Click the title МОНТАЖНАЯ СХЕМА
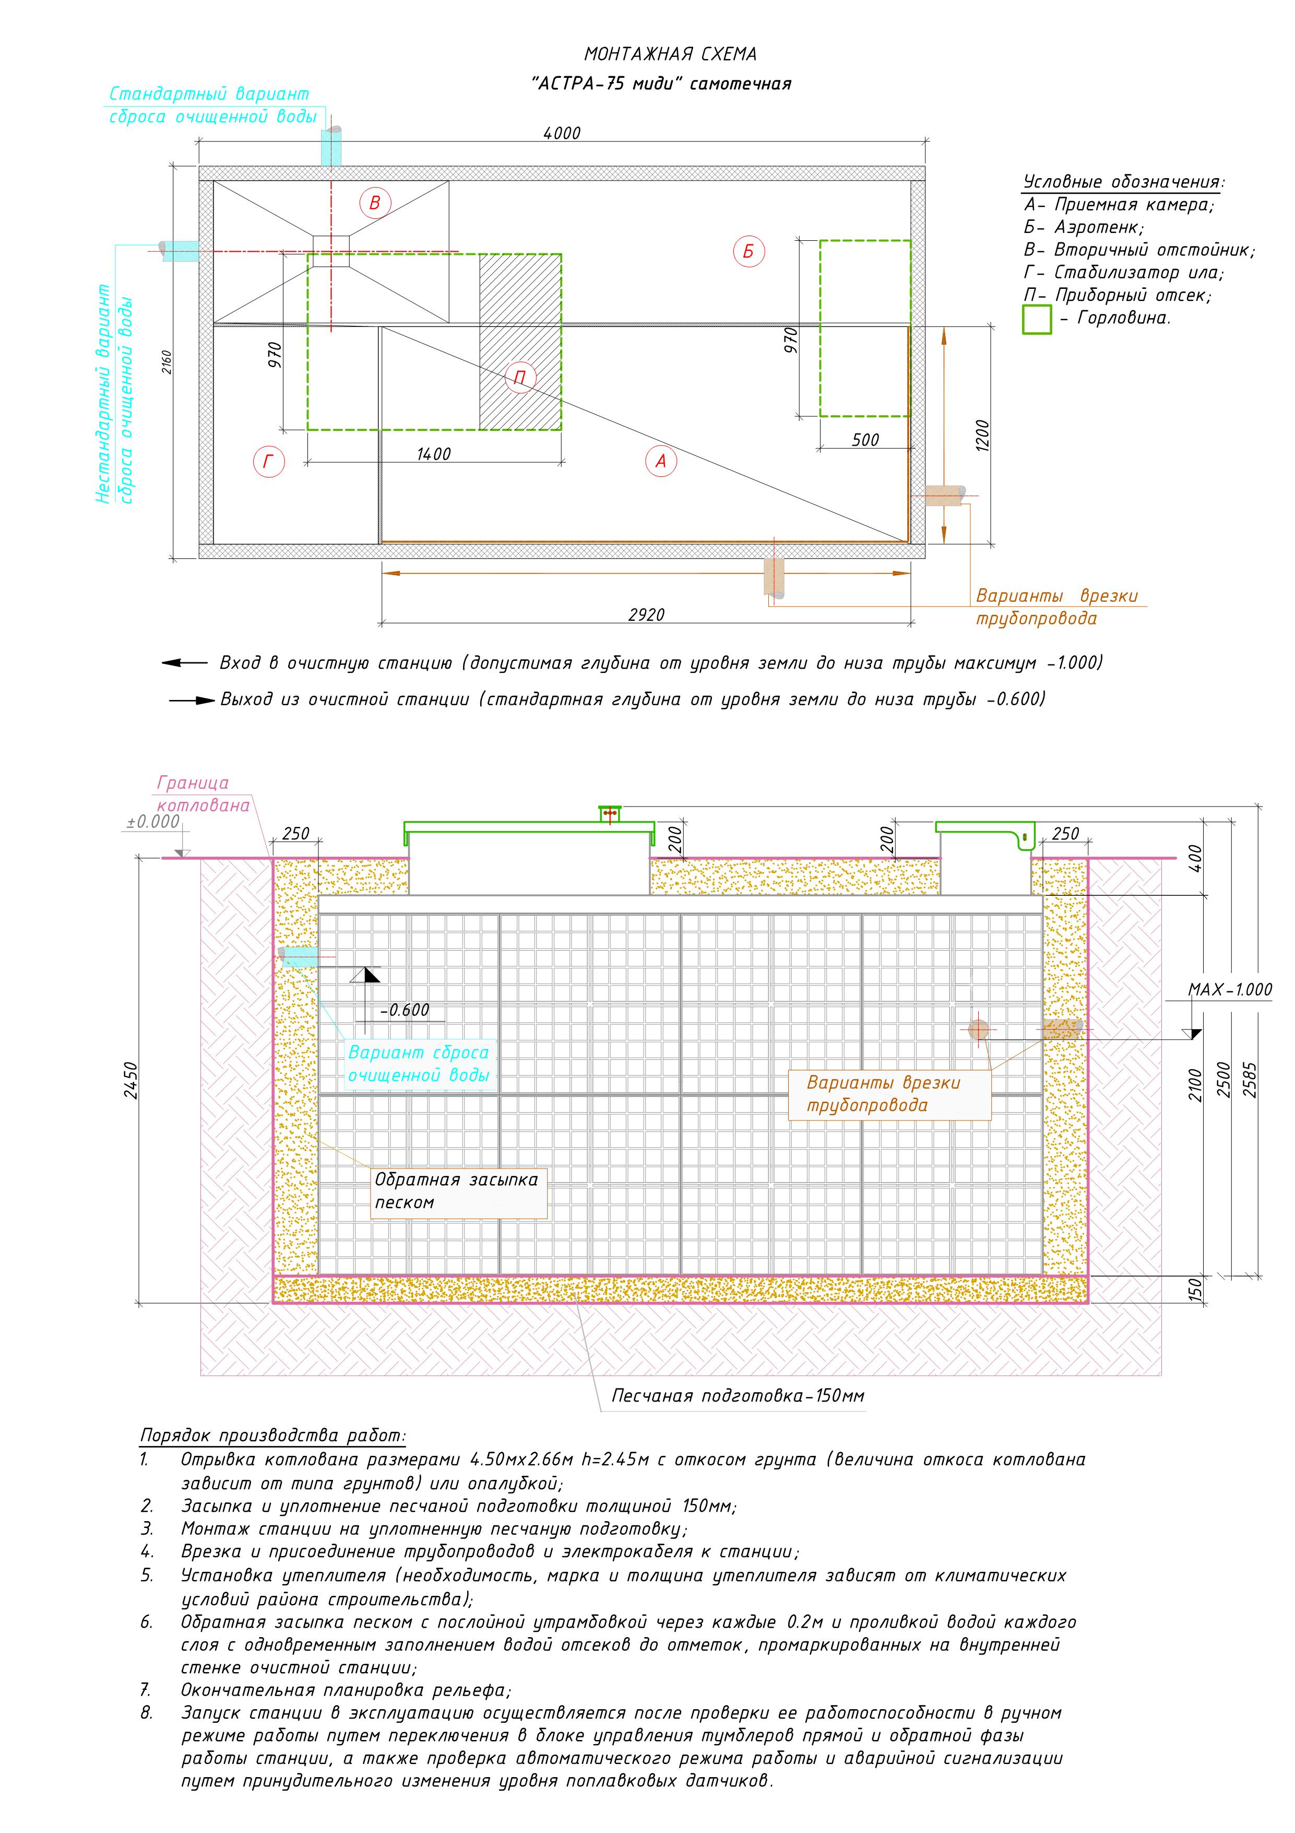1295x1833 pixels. tap(670, 54)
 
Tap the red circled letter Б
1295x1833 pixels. tap(749, 251)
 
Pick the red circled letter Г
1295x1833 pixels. tap(268, 461)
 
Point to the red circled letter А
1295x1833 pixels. tap(661, 461)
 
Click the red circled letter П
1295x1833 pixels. tap(520, 378)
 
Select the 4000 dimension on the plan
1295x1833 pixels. tap(562, 133)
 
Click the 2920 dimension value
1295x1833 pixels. tap(646, 615)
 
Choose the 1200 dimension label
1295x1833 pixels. tap(982, 436)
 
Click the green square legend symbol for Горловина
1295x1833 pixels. tap(1037, 319)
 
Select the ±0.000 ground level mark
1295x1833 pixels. tap(153, 822)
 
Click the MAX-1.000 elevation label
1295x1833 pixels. tap(1230, 990)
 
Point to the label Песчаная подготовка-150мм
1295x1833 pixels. tap(738, 1395)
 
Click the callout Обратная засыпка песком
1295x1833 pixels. tap(456, 1190)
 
